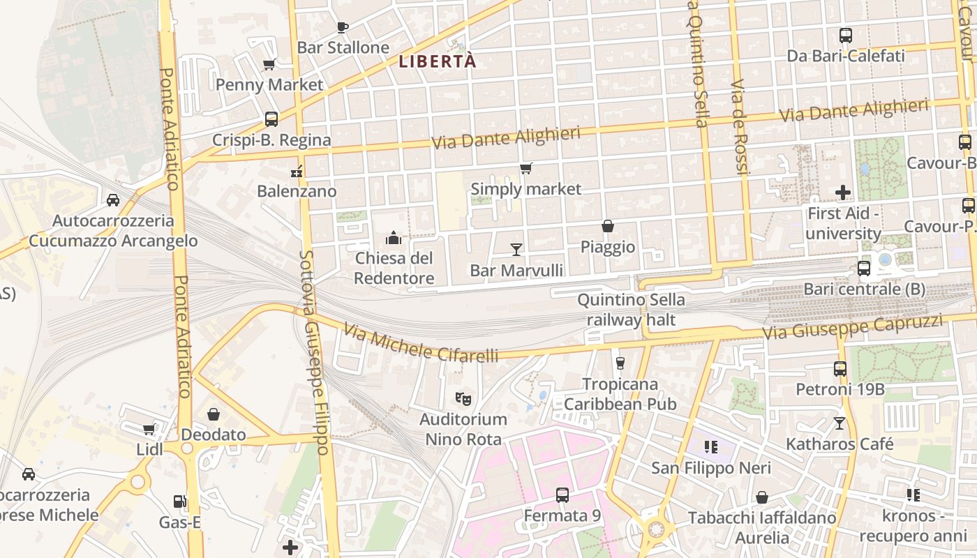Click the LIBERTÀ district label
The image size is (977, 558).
pyautogui.click(x=438, y=61)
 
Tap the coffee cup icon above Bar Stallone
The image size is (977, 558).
pyautogui.click(x=342, y=27)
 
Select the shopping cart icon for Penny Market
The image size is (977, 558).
pyautogui.click(x=269, y=65)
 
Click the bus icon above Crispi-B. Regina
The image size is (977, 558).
pyautogui.click(x=271, y=119)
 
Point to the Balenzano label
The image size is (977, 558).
pyautogui.click(x=297, y=191)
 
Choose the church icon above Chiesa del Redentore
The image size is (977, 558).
pyautogui.click(x=394, y=239)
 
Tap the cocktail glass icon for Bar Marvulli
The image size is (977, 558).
pyautogui.click(x=516, y=249)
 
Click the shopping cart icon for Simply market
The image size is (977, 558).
pyautogui.click(x=525, y=168)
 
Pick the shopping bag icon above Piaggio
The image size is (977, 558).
pyautogui.click(x=608, y=226)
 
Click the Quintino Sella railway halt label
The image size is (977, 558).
pyautogui.click(x=631, y=310)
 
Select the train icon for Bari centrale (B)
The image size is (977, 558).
pyautogui.click(x=864, y=268)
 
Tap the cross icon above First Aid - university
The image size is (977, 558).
pyautogui.click(x=843, y=192)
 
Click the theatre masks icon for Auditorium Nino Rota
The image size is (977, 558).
pyautogui.click(x=462, y=398)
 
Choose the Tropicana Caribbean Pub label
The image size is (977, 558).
pyautogui.click(x=620, y=394)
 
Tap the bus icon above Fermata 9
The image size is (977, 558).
pyautogui.click(x=562, y=495)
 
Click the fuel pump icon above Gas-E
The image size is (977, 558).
pyautogui.click(x=179, y=501)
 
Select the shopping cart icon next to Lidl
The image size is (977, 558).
pyautogui.click(x=149, y=429)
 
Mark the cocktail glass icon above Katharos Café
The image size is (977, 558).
pyautogui.click(x=840, y=423)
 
